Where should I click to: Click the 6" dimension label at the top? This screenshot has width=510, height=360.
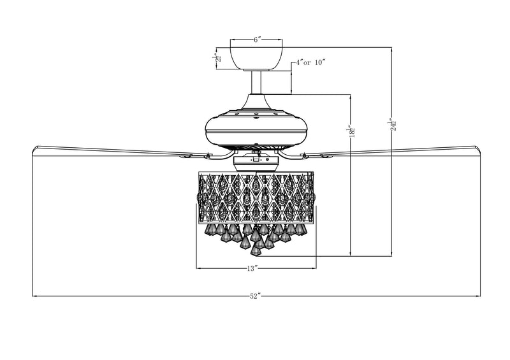click(x=256, y=40)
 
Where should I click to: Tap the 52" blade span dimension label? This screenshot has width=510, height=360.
click(x=256, y=296)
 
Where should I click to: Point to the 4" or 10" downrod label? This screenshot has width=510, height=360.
click(x=310, y=62)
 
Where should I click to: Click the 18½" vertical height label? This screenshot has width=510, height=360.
click(x=349, y=132)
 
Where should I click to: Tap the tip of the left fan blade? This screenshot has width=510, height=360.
click(x=34, y=149)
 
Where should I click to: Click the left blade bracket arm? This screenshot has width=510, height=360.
click(x=217, y=155)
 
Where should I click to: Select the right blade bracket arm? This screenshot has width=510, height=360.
click(x=295, y=155)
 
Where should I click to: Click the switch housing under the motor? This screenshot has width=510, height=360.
click(x=256, y=162)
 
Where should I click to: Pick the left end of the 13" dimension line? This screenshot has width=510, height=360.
click(x=195, y=269)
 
